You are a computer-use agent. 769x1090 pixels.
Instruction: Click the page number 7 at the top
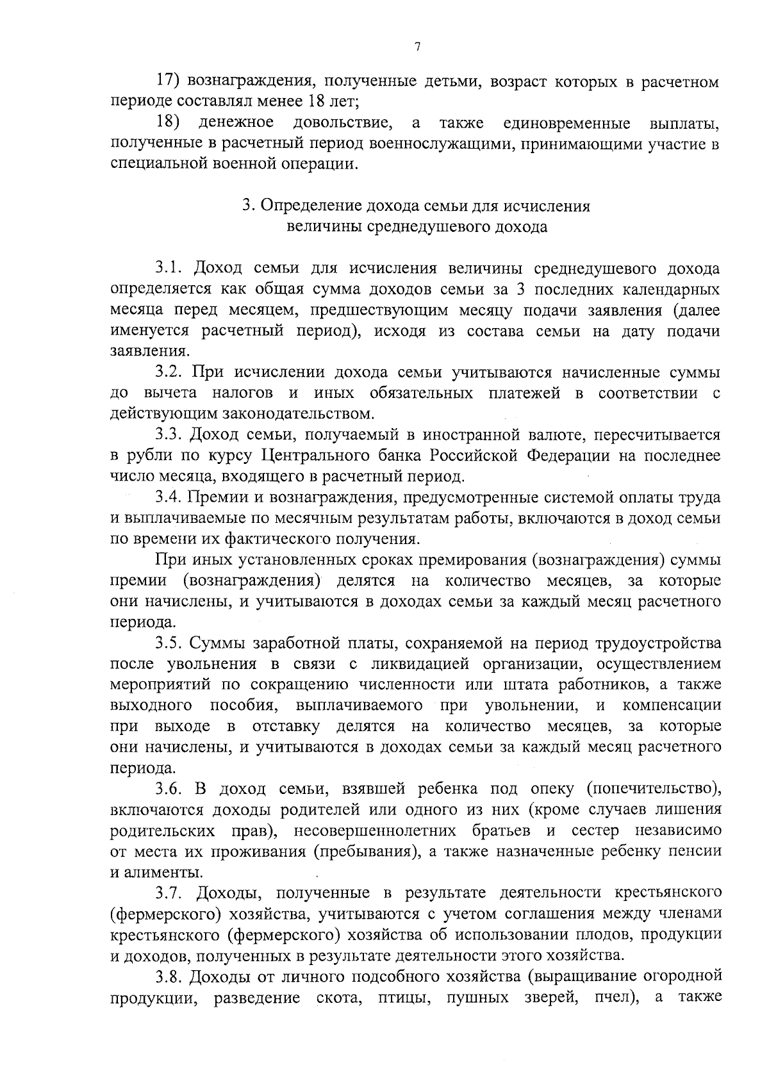tap(417, 47)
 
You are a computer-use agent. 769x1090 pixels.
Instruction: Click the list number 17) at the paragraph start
tap(170, 81)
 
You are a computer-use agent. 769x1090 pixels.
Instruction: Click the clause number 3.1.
tap(170, 268)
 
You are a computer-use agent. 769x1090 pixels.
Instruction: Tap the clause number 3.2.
tap(170, 372)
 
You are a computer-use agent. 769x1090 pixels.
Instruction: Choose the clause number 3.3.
tap(170, 435)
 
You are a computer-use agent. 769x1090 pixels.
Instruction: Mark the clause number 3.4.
tap(170, 498)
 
